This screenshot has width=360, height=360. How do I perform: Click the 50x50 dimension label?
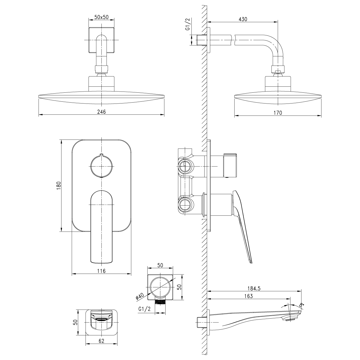pos(101,17)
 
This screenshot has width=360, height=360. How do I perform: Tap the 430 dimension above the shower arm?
pos(243,19)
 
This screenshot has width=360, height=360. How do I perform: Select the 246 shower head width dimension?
pos(102,112)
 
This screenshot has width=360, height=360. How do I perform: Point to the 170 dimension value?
pos(278,113)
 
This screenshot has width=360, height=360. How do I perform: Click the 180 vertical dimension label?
pos(59,185)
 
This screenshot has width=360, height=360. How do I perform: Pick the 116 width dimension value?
pos(101,271)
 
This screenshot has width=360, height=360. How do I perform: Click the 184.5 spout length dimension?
pos(254,288)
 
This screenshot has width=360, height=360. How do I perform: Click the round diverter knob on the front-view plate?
pos(101,165)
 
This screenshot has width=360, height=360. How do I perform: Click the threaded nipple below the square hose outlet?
pos(160,302)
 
